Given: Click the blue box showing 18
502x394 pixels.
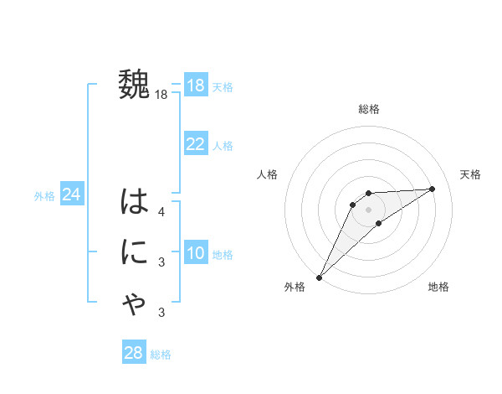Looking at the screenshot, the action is coord(196,86).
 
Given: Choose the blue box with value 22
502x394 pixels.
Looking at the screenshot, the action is coord(196,144).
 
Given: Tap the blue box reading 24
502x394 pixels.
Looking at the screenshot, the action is coord(71,194).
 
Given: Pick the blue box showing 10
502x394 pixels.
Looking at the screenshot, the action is coord(196,253).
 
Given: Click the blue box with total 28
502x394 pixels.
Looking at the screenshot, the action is coord(134,353).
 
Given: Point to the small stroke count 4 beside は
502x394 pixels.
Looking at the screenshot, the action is coord(161,212).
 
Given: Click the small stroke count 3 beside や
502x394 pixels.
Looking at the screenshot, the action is coord(161,313).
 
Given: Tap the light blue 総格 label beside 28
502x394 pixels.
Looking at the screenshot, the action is coord(161,355).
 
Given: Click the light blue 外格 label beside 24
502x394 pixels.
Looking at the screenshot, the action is coord(44,196).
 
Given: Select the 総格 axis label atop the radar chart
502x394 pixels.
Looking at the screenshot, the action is coord(368,109).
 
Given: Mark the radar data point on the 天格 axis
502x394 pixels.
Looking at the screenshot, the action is coord(432,189).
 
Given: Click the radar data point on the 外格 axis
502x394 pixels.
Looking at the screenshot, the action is coord(319,277).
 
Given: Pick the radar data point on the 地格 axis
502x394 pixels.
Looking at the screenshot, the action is coord(379,223).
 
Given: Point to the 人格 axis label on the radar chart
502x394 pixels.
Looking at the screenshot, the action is coord(267,174).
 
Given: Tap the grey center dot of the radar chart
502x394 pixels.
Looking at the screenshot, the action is coord(368,209).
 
